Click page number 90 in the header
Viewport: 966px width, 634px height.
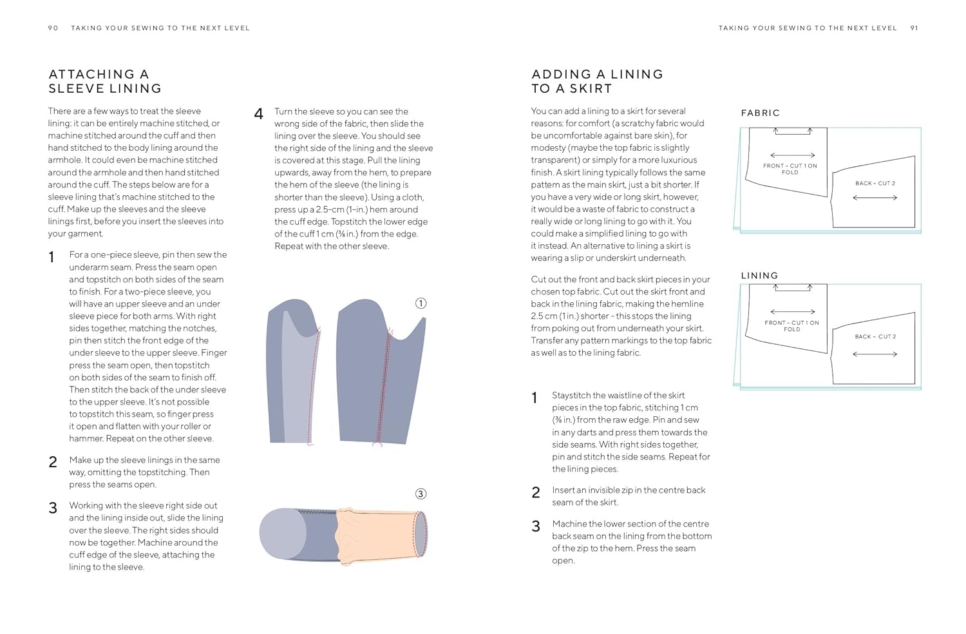[x=53, y=28]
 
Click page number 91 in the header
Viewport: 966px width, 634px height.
[x=914, y=28]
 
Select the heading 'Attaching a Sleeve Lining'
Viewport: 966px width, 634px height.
[x=105, y=81]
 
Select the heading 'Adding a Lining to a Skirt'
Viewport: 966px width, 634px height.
[x=597, y=81]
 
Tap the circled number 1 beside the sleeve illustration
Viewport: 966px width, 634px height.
[x=421, y=303]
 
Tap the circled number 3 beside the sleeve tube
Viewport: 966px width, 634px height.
[x=421, y=494]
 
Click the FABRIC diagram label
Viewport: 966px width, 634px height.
[x=760, y=113]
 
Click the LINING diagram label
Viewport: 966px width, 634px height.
[x=759, y=276]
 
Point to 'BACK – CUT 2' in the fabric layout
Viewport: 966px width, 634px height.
[x=875, y=184]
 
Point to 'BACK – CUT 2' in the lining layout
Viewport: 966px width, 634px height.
[x=875, y=337]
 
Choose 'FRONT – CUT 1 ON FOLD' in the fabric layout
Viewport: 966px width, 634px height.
[x=790, y=169]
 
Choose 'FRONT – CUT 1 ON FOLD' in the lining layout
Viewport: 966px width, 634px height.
[x=792, y=326]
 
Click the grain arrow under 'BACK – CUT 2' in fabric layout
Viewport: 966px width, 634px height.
[x=875, y=198]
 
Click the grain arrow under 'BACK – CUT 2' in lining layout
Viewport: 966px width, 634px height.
[x=875, y=354]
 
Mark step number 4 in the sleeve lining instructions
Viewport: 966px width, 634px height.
[x=259, y=115]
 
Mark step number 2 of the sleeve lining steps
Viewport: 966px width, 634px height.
[x=53, y=463]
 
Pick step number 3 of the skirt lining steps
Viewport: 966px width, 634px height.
[x=536, y=526]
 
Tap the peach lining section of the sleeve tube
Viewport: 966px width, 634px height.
[x=380, y=533]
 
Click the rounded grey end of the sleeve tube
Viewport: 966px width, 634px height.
[x=282, y=533]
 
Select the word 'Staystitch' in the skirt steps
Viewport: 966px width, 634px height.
[x=573, y=396]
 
